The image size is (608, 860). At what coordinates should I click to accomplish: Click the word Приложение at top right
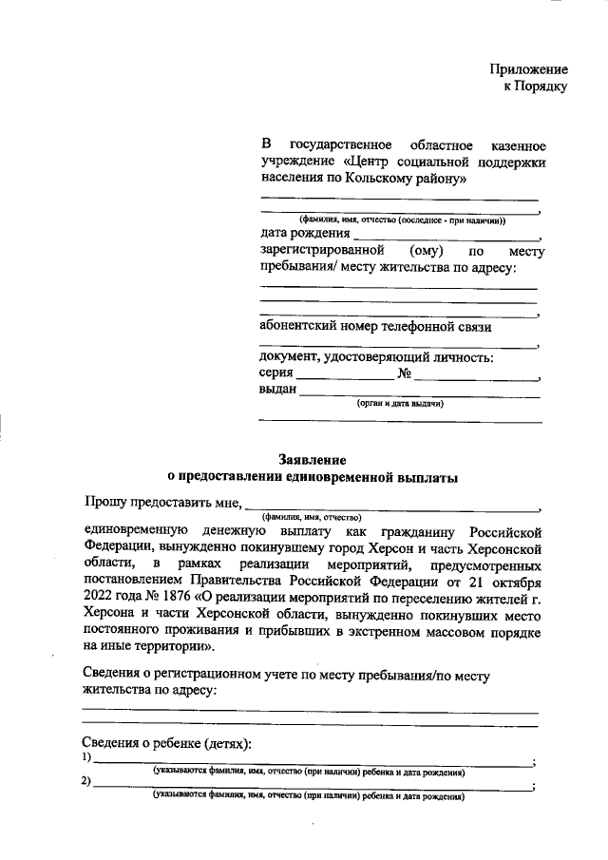[529, 69]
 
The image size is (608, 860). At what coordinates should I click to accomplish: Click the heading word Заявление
[312, 459]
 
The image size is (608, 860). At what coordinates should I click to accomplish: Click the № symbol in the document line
[403, 373]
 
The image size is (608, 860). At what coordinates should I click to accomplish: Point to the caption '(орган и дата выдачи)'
[400, 404]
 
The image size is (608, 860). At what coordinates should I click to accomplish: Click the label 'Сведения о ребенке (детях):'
[166, 743]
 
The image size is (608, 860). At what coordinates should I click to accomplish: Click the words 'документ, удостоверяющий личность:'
[376, 357]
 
